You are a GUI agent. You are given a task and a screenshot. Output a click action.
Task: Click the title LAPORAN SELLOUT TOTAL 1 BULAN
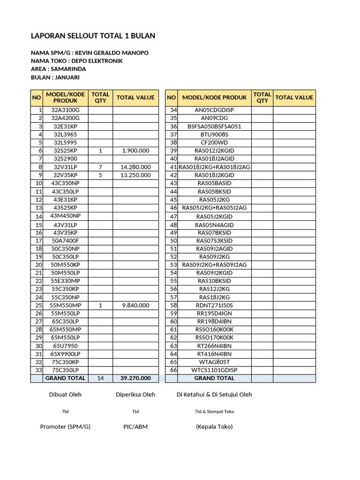click(93, 36)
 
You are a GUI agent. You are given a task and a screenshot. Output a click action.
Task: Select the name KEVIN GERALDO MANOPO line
click(90, 52)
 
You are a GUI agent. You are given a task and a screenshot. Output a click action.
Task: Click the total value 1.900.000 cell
click(135, 150)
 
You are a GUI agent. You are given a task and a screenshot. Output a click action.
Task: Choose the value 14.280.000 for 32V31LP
click(135, 167)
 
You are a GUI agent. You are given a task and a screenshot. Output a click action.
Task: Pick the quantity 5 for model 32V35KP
click(100, 175)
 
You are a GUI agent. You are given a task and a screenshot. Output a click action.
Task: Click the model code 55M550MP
click(66, 305)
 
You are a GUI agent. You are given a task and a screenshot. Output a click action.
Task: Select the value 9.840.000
click(135, 305)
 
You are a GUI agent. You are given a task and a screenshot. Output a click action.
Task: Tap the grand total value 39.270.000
click(135, 378)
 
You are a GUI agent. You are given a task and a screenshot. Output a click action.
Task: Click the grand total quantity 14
click(100, 378)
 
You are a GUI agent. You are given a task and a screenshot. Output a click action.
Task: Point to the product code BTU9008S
click(214, 135)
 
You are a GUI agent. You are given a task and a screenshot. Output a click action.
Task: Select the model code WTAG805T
click(214, 362)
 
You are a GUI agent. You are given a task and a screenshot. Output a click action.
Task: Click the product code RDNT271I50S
click(214, 305)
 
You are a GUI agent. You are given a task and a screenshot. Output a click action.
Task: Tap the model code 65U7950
click(66, 346)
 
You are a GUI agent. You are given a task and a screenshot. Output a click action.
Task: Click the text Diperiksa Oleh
click(135, 394)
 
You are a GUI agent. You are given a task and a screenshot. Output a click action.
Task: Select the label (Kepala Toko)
click(214, 427)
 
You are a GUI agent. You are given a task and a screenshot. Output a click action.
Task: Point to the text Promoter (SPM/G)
click(65, 427)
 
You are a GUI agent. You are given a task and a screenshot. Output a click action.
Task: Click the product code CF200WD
click(214, 142)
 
